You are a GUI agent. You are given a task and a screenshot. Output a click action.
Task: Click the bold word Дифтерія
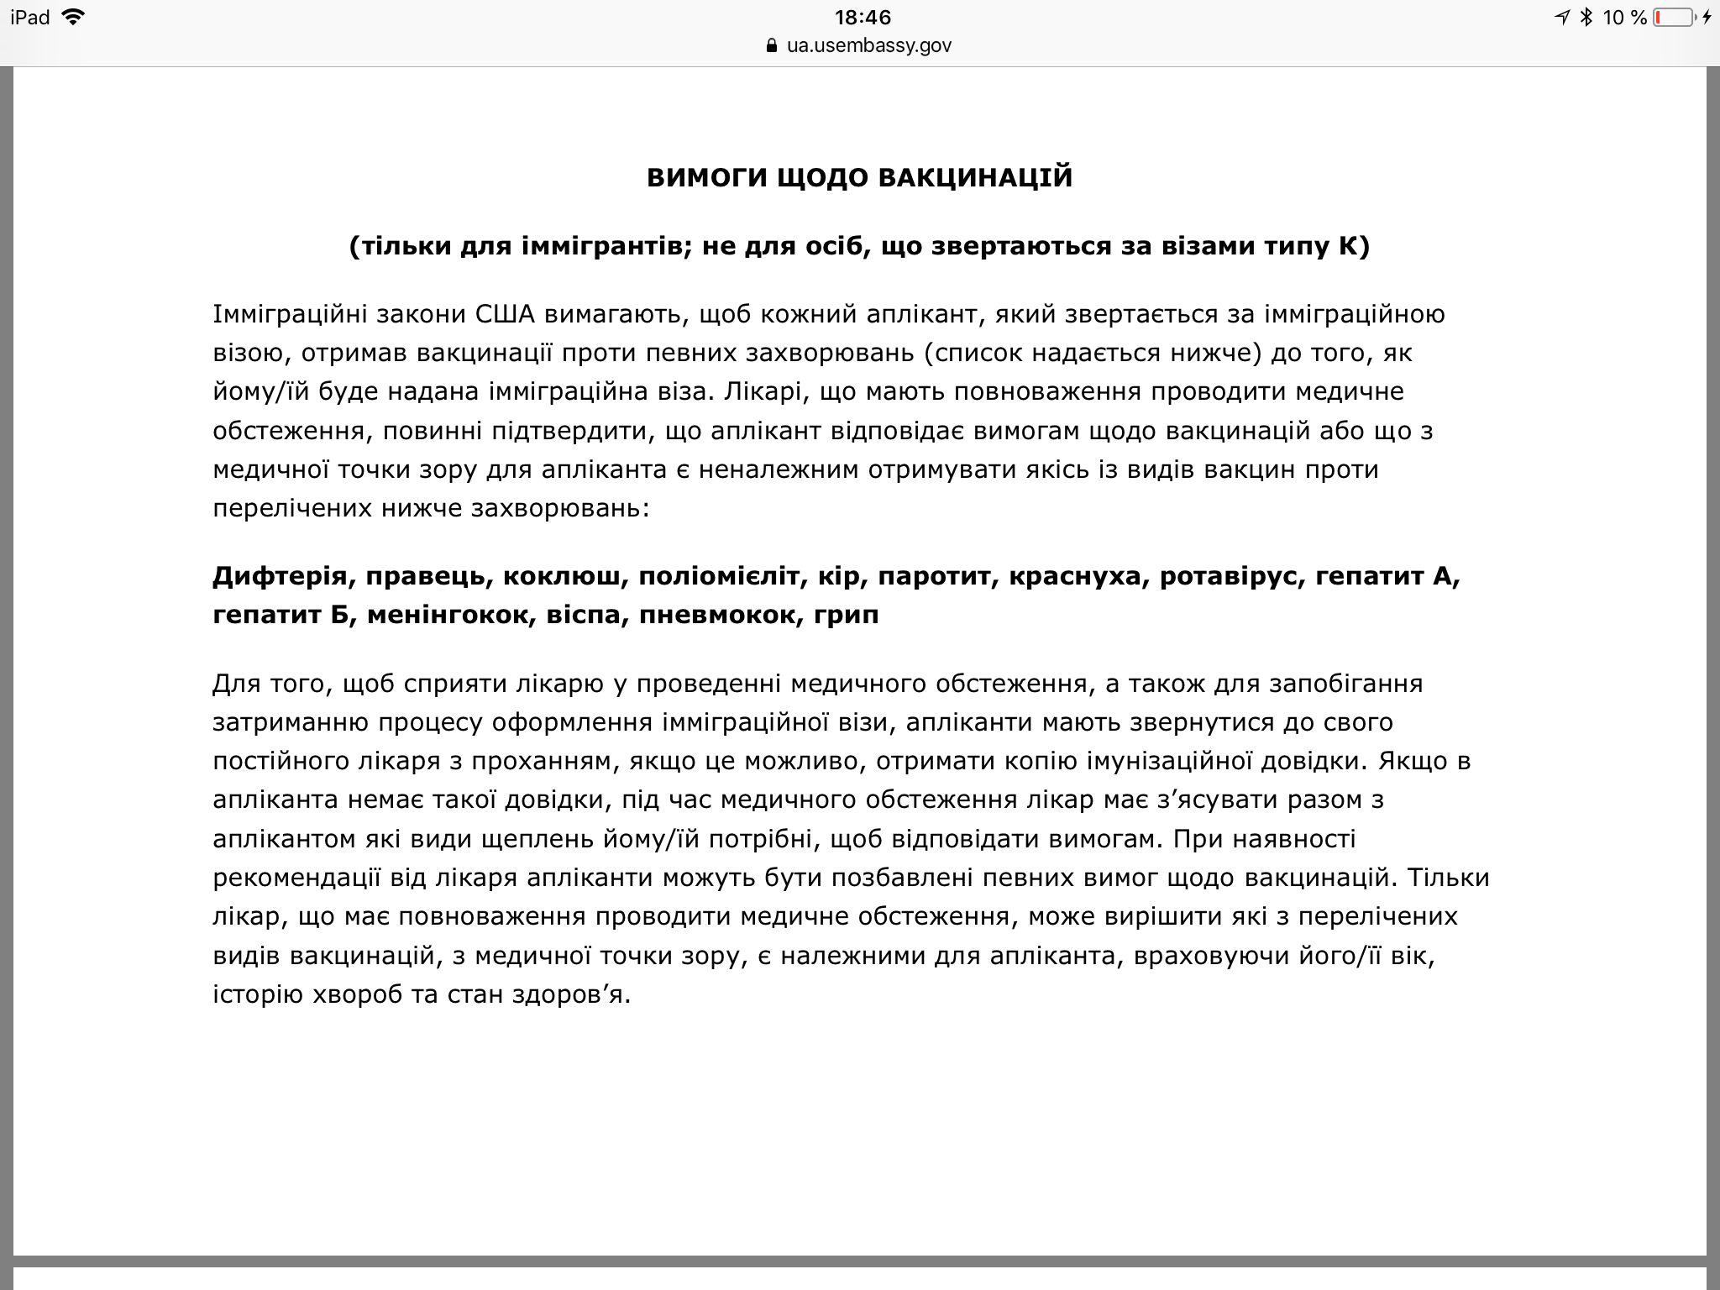pyautogui.click(x=279, y=576)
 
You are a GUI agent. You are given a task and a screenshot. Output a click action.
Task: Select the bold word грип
pyautogui.click(x=847, y=615)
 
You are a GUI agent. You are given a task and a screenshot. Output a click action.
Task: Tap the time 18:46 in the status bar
pyautogui.click(x=863, y=17)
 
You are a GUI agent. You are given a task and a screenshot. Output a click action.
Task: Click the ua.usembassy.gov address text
pyautogui.click(x=868, y=45)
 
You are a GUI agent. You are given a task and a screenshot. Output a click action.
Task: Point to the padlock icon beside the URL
pyautogui.click(x=773, y=46)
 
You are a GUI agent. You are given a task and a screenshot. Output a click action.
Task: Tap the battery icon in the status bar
pyautogui.click(x=1673, y=17)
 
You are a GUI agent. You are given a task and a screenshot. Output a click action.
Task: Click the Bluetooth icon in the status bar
pyautogui.click(x=1586, y=17)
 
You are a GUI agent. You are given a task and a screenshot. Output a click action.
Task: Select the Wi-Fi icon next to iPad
pyautogui.click(x=74, y=17)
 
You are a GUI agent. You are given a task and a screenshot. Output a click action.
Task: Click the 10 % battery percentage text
pyautogui.click(x=1624, y=17)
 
